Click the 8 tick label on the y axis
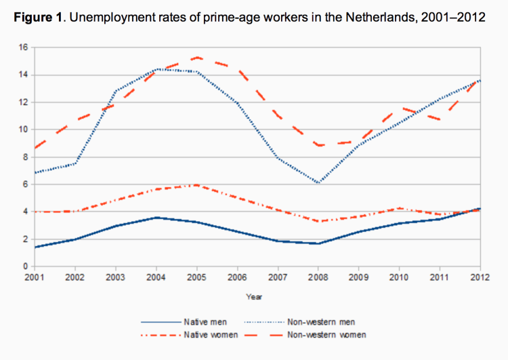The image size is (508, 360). [x=24, y=157]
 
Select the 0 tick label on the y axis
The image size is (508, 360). [x=24, y=266]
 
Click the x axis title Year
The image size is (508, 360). [x=255, y=296]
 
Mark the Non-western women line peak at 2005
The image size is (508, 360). [x=196, y=58]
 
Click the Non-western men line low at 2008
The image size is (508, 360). [x=318, y=183]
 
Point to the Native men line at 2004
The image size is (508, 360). [x=155, y=218]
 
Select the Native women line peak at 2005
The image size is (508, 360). [x=196, y=184]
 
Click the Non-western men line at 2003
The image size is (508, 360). [x=114, y=92]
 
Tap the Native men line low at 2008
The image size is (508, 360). [x=318, y=243]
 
